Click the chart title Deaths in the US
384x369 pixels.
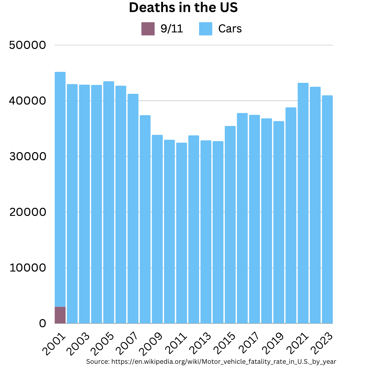pos(183,7)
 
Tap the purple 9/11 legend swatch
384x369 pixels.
pos(148,29)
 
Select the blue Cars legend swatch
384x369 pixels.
pos(206,29)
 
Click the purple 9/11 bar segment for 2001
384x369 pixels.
pos(60,315)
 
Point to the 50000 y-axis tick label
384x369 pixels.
pos(27,45)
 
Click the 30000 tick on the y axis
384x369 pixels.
pos(27,157)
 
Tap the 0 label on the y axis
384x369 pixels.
pos(42,324)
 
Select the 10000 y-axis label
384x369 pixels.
pos(27,268)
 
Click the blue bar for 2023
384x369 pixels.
pos(327,209)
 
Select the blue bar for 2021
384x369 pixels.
pos(303,204)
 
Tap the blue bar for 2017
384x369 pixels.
pos(254,220)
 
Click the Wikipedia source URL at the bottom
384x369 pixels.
pos(224,362)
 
